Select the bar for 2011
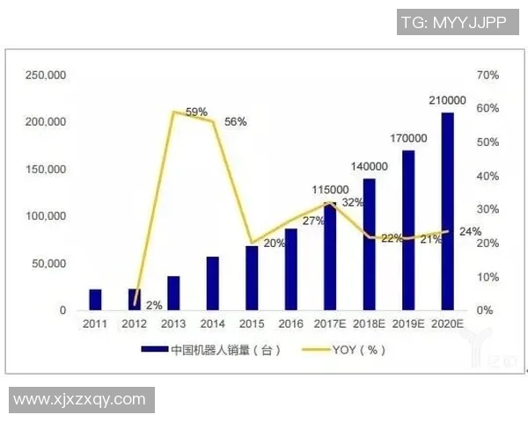click(x=96, y=300)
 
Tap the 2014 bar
click(x=213, y=283)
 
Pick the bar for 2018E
click(x=369, y=244)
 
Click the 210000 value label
click(x=447, y=100)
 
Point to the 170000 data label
click(x=407, y=138)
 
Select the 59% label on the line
click(x=196, y=112)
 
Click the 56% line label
click(x=235, y=122)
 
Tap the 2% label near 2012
click(x=154, y=305)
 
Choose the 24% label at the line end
click(x=470, y=231)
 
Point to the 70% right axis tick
click(x=488, y=76)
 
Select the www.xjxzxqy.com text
click(x=79, y=400)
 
